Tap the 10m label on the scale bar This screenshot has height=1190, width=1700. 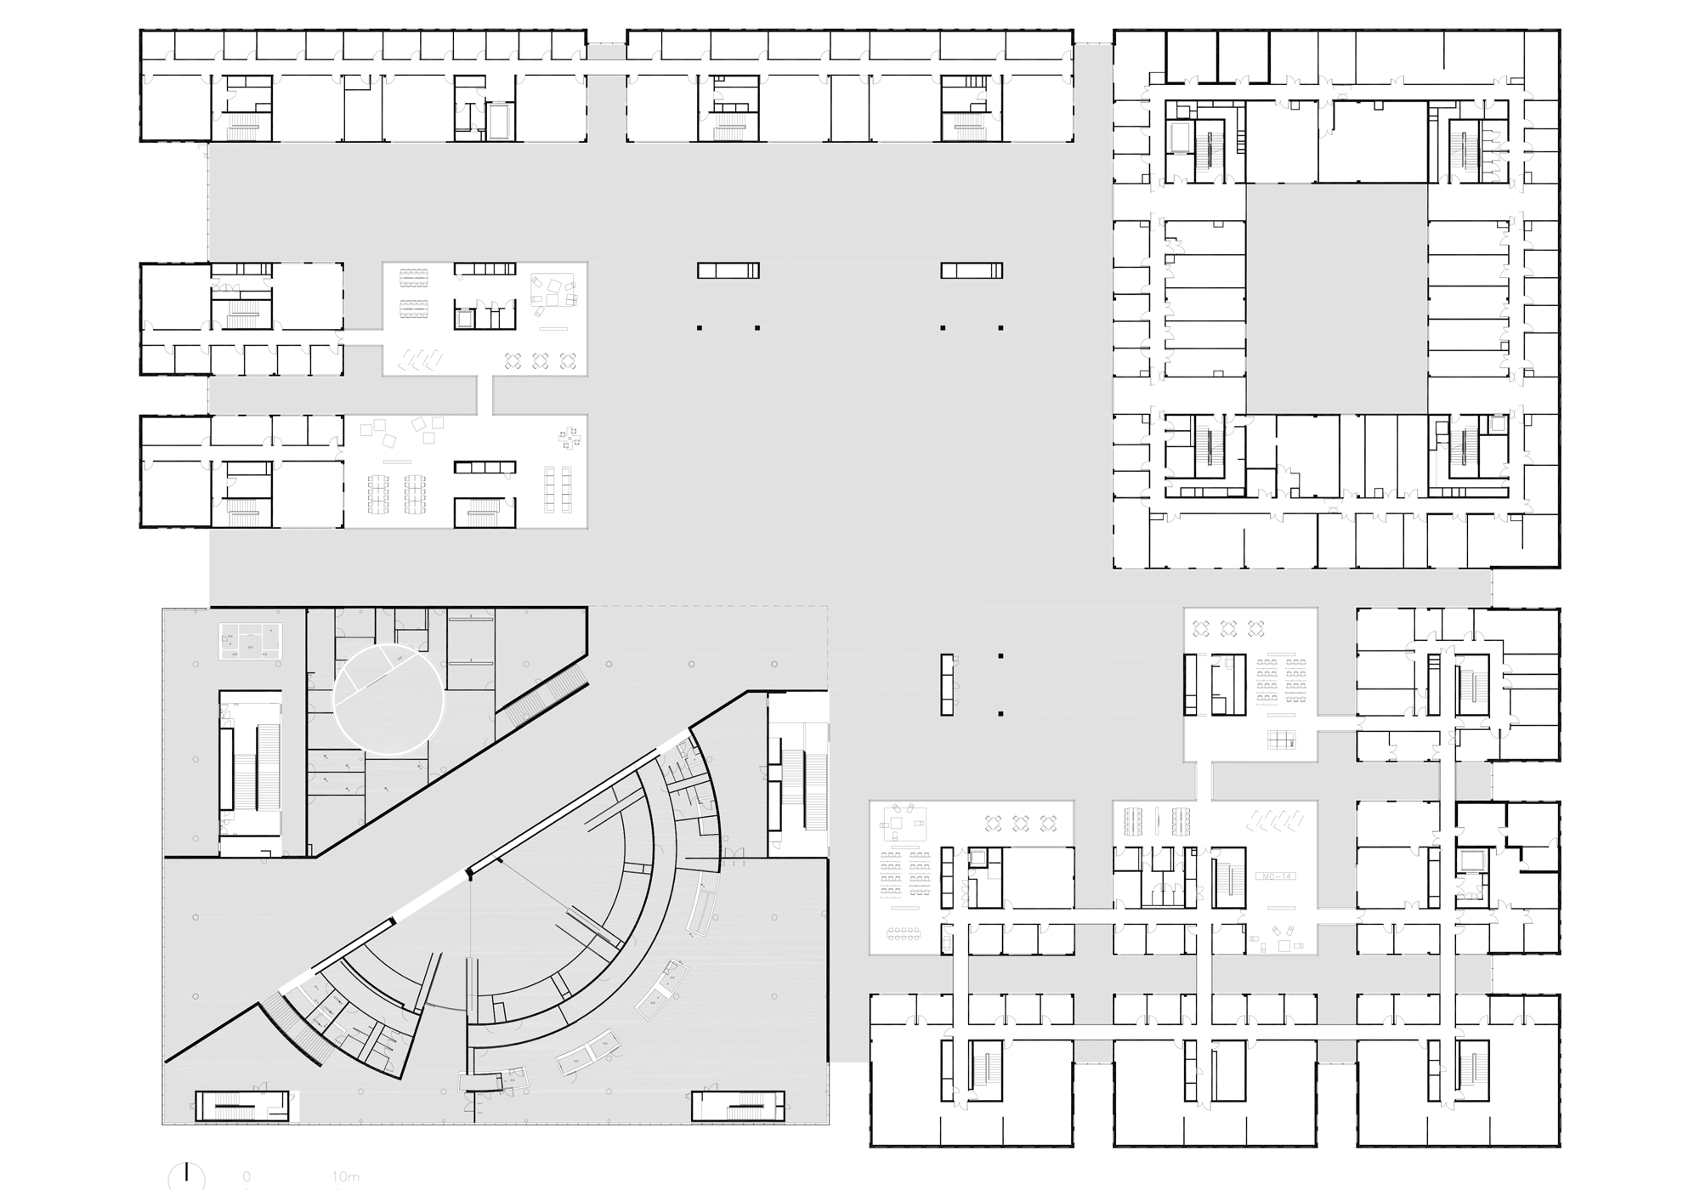coord(346,1177)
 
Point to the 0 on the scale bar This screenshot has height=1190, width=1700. coord(246,1177)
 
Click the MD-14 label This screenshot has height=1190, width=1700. coord(1275,875)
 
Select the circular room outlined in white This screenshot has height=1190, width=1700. coord(388,700)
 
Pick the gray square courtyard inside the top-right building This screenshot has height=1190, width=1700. coord(1336,299)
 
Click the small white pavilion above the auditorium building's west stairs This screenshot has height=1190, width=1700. coord(251,640)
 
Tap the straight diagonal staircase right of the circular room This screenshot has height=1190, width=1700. coord(542,695)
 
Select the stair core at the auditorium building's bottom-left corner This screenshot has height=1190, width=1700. coord(242,1105)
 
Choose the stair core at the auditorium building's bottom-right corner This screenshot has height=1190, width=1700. coord(737,1105)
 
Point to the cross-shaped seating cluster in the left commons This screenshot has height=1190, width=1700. coord(569,438)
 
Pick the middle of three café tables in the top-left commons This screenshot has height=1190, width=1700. coord(540,361)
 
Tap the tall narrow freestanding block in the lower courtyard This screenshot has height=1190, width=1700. coord(947,683)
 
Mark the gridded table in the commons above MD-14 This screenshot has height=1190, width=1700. coord(1283,739)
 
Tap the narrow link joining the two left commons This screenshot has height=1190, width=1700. coord(484,395)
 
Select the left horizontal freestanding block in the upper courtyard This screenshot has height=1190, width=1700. coord(728,270)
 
